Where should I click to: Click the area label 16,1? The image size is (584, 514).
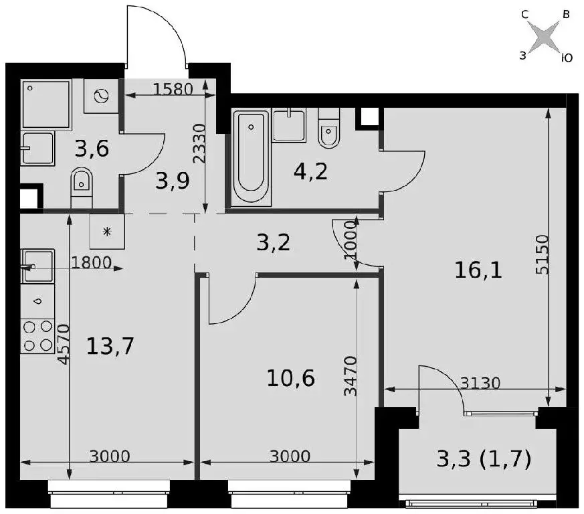478,270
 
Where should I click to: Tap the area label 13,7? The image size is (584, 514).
110,346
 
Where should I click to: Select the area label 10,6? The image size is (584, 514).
291,378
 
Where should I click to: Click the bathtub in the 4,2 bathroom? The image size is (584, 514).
251,157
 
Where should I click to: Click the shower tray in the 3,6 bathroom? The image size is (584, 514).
46,104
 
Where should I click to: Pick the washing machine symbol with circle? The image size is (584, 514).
101,96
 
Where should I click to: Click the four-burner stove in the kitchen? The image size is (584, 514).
37,336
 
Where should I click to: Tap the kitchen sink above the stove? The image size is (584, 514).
37,266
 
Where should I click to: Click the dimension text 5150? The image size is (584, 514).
542,254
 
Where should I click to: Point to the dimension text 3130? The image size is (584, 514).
480,383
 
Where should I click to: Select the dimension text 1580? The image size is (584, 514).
173,89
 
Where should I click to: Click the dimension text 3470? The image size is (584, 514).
350,376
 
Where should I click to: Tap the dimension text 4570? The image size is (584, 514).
64,344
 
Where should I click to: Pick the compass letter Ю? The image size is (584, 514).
567,58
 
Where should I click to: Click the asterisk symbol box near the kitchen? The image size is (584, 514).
107,232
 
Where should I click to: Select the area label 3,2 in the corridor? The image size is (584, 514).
274,243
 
